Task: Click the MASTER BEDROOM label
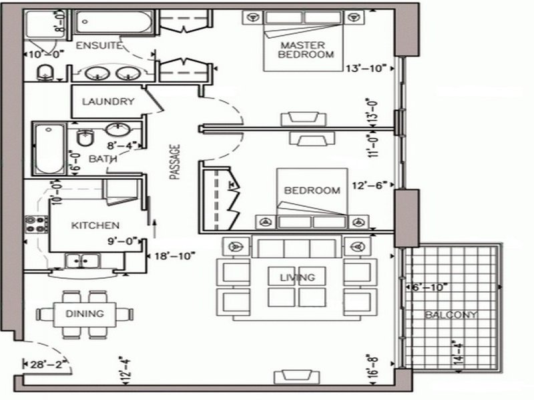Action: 306,50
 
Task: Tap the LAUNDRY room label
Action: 108,101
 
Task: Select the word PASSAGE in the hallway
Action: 175,162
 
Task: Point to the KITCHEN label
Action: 95,225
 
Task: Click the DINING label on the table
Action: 85,313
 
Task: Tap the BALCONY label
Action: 451,315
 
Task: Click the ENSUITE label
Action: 99,45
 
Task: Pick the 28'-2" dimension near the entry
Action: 46,365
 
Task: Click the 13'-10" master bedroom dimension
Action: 366,68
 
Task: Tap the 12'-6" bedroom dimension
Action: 370,186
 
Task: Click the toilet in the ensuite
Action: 45,73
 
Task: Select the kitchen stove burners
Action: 36,224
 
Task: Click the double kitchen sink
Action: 83,261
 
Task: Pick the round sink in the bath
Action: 117,129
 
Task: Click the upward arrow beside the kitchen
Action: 154,229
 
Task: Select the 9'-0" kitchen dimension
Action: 122,241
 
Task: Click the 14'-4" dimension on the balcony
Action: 459,354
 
